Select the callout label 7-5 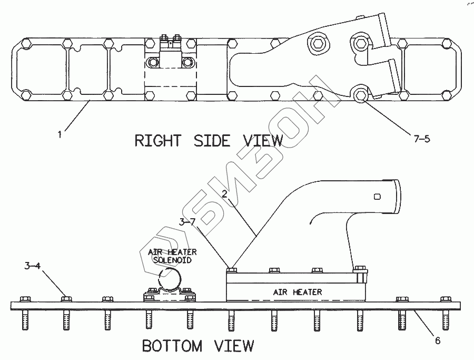pyautogui.click(x=421, y=139)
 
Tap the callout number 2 pyautogui.click(x=224, y=194)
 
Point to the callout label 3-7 pyautogui.click(x=186, y=222)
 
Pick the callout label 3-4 pyautogui.click(x=31, y=265)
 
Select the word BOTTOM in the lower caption pyautogui.click(x=172, y=346)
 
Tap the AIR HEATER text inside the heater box pyautogui.click(x=297, y=291)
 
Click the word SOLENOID pyautogui.click(x=172, y=259)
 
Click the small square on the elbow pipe pyautogui.click(x=376, y=197)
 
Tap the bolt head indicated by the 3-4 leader pyautogui.click(x=66, y=298)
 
